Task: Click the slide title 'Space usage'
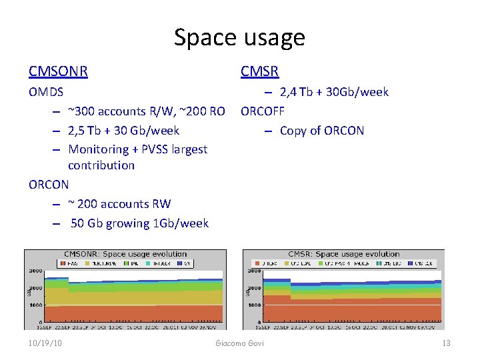pos(239,37)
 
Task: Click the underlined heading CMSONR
pos(59,71)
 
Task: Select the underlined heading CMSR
pos(260,71)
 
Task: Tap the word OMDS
pos(47,92)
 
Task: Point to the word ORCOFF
pos(263,111)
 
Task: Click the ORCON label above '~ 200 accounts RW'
pos(49,184)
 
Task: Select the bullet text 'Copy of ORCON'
pos(322,130)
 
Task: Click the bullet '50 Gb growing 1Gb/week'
pos(139,223)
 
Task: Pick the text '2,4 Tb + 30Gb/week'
pos(334,92)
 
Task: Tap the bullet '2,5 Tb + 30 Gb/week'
pos(124,130)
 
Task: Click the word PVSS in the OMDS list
pos(155,149)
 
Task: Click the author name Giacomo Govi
pos(239,343)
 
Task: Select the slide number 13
pos(446,343)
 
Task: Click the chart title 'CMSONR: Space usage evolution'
pos(125,254)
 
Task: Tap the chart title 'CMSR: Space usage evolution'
pos(343,254)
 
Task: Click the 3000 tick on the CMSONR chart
pos(33,271)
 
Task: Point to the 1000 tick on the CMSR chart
pos(254,305)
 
